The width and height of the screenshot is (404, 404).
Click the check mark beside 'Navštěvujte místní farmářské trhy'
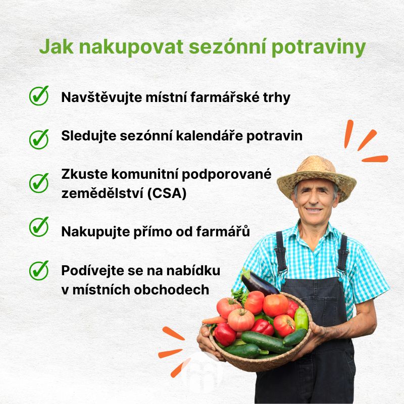click(39, 95)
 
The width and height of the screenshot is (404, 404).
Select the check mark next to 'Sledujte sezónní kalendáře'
click(39, 139)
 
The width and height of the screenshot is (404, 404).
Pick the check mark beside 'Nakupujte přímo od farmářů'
click(39, 227)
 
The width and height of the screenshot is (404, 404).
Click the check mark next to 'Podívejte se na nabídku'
click(39, 270)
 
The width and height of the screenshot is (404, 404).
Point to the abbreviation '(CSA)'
click(167, 193)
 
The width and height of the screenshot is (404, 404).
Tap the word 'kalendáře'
click(210, 135)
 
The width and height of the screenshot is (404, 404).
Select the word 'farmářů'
click(223, 231)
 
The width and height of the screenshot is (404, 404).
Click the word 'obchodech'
click(172, 289)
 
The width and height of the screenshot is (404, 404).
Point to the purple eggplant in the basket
click(259, 283)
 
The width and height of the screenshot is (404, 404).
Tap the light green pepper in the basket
click(301, 319)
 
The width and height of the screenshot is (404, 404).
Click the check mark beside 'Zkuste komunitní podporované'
click(39, 183)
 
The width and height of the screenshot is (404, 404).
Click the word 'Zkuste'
click(84, 174)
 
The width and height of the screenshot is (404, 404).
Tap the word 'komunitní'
click(144, 174)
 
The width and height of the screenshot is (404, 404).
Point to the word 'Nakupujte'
click(95, 232)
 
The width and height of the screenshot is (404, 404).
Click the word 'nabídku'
click(193, 271)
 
